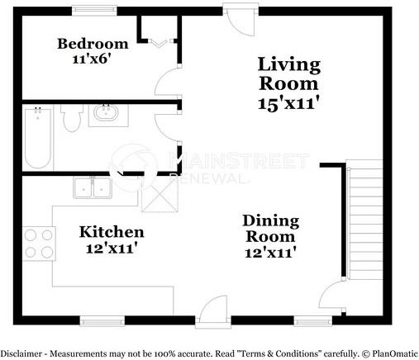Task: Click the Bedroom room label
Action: point(92,44)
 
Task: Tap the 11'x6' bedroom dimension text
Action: point(92,59)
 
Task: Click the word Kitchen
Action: point(112,232)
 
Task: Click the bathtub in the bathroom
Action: point(38,138)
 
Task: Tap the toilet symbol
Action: point(71,120)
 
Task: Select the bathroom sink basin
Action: point(105,114)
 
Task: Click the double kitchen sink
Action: point(93,188)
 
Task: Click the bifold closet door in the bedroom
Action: point(160,41)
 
